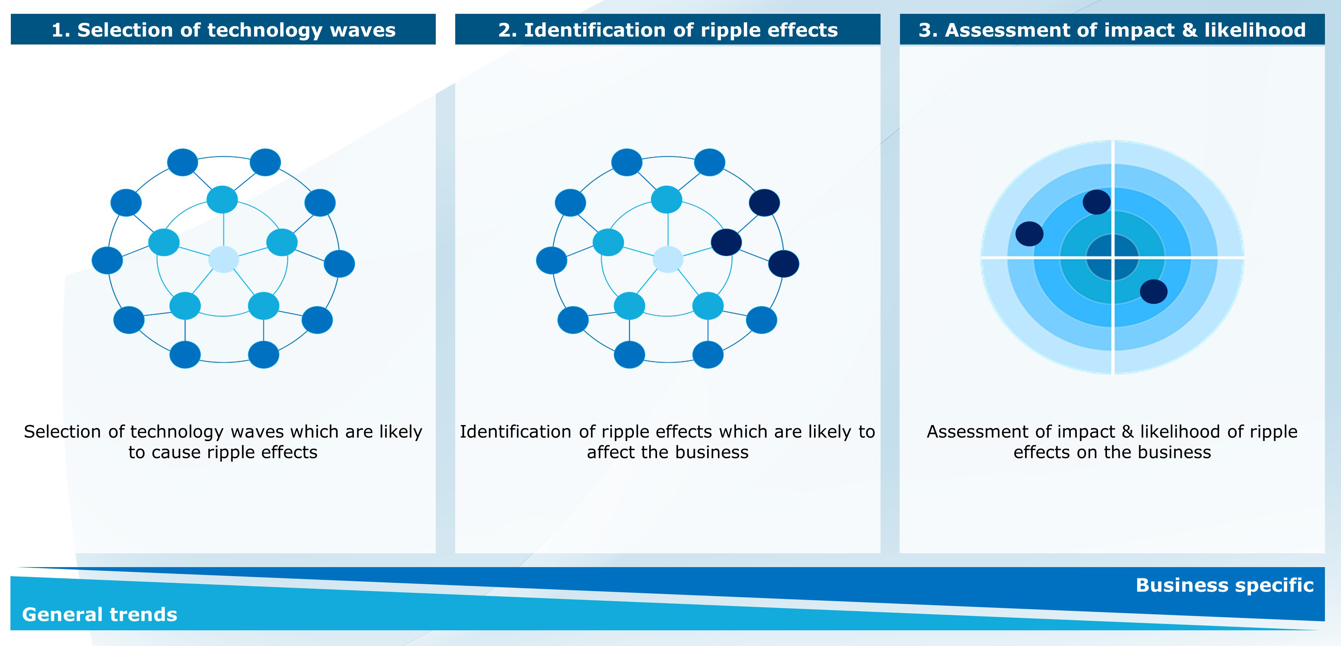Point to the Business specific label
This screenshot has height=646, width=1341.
coord(1224,585)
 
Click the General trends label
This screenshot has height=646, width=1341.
coord(99,614)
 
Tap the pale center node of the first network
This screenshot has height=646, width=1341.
coord(223,259)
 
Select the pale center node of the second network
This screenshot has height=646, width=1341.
coord(668,259)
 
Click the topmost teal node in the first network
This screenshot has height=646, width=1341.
coord(222,199)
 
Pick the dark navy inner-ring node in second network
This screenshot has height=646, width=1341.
coord(726,242)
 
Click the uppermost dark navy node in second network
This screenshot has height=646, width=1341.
coord(764,203)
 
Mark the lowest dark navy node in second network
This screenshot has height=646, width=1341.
coord(783,264)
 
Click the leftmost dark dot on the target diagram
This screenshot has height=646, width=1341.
coord(1029,234)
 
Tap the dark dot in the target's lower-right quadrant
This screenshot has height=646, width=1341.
coord(1154,292)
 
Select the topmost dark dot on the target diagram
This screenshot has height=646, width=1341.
coord(1096,202)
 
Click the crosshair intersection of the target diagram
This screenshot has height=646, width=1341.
coord(1113,257)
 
